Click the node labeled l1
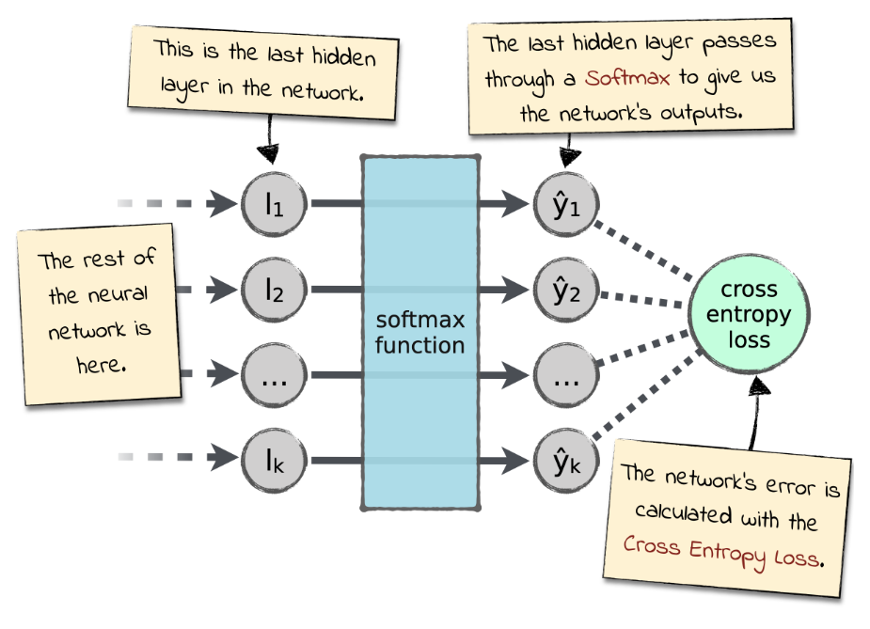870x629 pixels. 274,202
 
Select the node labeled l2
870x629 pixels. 274,289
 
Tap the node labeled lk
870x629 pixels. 274,461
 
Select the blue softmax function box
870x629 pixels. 419,333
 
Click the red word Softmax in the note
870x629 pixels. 626,77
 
